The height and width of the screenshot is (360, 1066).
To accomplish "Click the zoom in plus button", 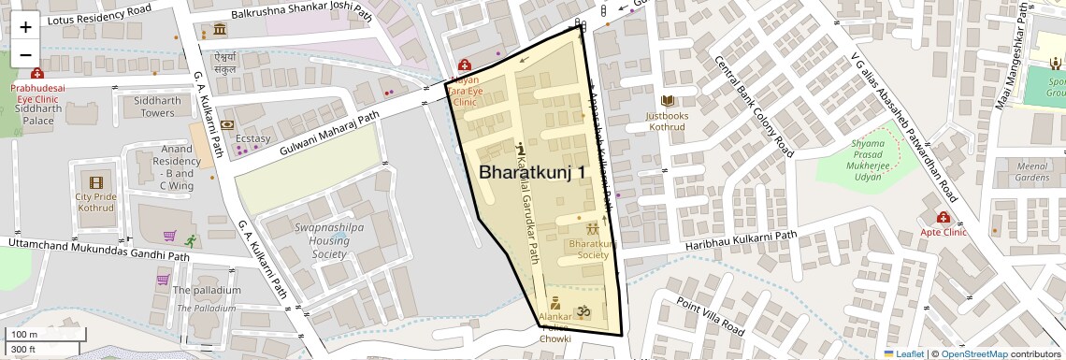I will coord(25,26).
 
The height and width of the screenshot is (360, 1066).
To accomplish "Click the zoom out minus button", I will coord(25,54).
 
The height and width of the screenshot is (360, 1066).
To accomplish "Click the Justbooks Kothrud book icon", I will coord(667,101).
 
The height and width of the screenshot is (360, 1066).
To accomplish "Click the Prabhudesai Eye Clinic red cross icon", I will coord(36,74).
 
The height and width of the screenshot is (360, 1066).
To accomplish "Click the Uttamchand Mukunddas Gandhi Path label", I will coord(98,249).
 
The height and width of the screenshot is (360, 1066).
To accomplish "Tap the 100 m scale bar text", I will coord(23,335).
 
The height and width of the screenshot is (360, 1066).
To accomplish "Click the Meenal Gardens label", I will coord(1031,171).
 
